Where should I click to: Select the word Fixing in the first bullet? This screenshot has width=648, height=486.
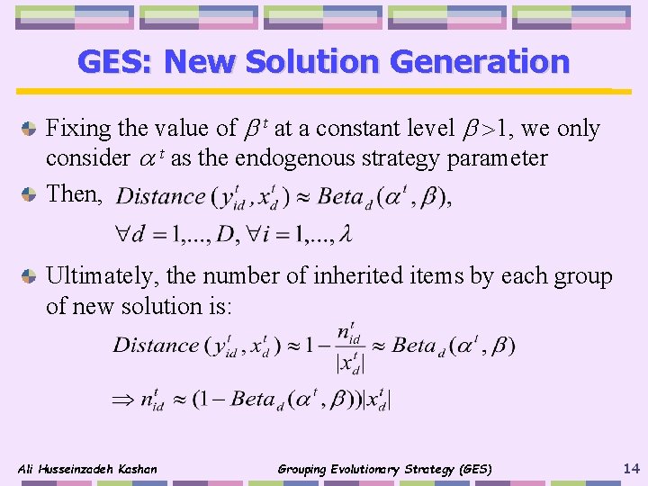pyautogui.click(x=78, y=129)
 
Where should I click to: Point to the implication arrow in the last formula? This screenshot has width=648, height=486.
pyautogui.click(x=121, y=399)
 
